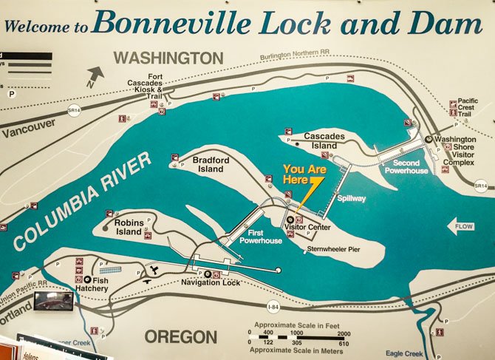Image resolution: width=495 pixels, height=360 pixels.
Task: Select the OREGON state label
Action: (180, 336)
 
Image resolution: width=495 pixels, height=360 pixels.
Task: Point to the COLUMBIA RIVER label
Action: (81, 200)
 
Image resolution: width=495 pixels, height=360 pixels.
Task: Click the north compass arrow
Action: (95, 75)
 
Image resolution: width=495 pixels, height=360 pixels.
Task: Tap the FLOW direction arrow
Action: (461, 226)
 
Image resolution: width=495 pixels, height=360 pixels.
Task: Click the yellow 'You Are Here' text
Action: (305, 174)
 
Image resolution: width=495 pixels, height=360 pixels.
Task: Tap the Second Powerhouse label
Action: (406, 167)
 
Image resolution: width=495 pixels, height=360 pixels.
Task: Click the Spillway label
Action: (351, 199)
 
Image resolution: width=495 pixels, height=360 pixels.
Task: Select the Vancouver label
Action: (28, 126)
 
